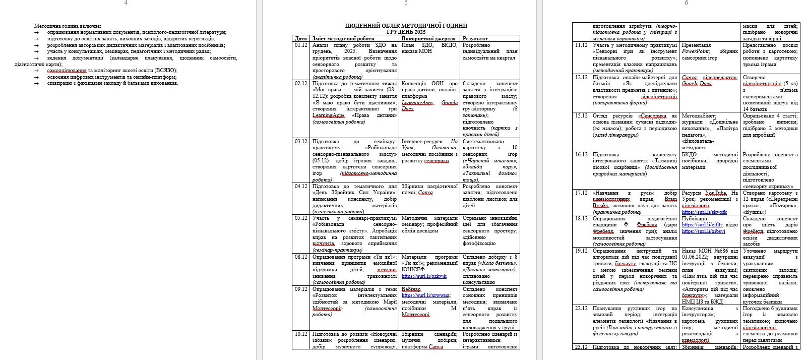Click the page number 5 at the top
click(406, 3)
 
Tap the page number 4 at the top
click(126, 3)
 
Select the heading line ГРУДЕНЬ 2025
click(406, 32)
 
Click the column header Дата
click(300, 38)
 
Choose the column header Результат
click(475, 38)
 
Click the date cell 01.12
click(301, 45)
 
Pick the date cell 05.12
click(301, 218)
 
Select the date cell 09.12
click(301, 289)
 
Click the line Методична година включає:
click(68, 25)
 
